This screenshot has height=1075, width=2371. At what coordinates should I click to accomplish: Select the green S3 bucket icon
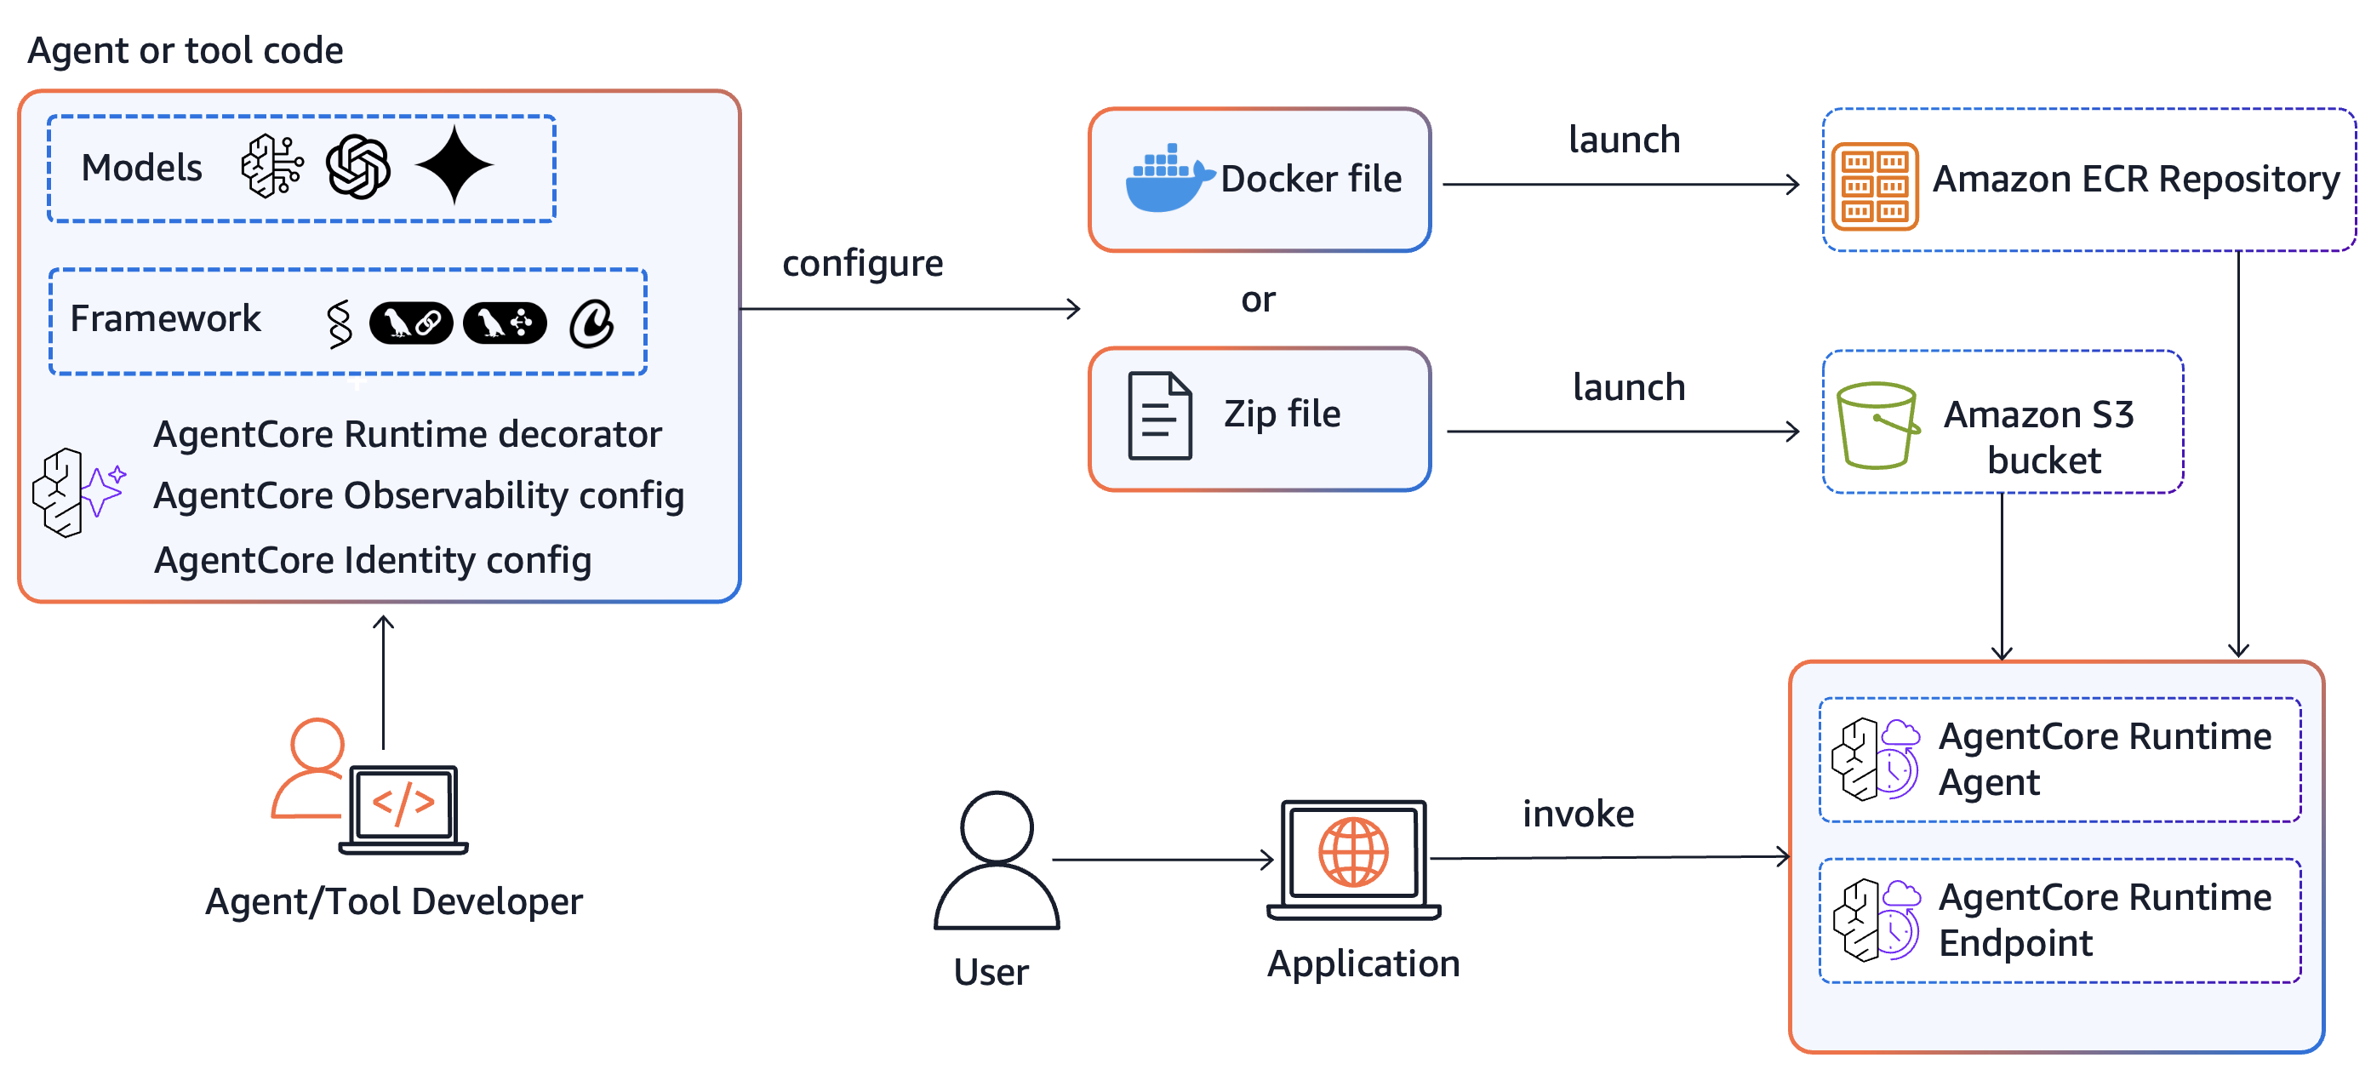pos(1876,426)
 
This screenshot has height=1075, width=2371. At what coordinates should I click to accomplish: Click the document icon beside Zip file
pos(1160,416)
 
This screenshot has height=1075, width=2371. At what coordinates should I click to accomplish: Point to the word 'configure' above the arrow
pos(861,264)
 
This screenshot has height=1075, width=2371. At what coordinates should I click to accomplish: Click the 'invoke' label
pos(1578,814)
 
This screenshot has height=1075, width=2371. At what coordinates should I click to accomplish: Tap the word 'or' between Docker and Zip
pos(1257,300)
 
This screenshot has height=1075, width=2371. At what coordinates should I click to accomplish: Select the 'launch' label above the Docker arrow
pos(1624,140)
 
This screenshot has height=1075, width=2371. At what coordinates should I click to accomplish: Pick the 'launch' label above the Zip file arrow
pos(1628,387)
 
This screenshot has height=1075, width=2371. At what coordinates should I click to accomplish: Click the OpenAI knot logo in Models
pos(358,168)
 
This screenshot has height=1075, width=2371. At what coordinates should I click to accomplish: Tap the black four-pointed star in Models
pos(454,166)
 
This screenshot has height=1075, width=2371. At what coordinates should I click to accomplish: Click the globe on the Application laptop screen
pos(1353,852)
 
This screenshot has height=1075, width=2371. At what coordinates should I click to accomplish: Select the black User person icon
pos(996,860)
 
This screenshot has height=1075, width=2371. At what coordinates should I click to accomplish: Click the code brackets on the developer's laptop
pos(403,803)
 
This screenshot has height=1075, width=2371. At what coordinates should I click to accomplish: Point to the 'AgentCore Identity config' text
pos(372,561)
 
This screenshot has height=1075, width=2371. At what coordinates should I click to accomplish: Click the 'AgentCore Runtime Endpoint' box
pos(2059,920)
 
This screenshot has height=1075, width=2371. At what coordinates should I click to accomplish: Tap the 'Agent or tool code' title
pos(185,50)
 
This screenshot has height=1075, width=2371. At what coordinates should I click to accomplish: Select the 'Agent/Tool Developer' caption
pos(393,902)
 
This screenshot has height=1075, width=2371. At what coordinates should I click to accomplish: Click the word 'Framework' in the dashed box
pos(166,318)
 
